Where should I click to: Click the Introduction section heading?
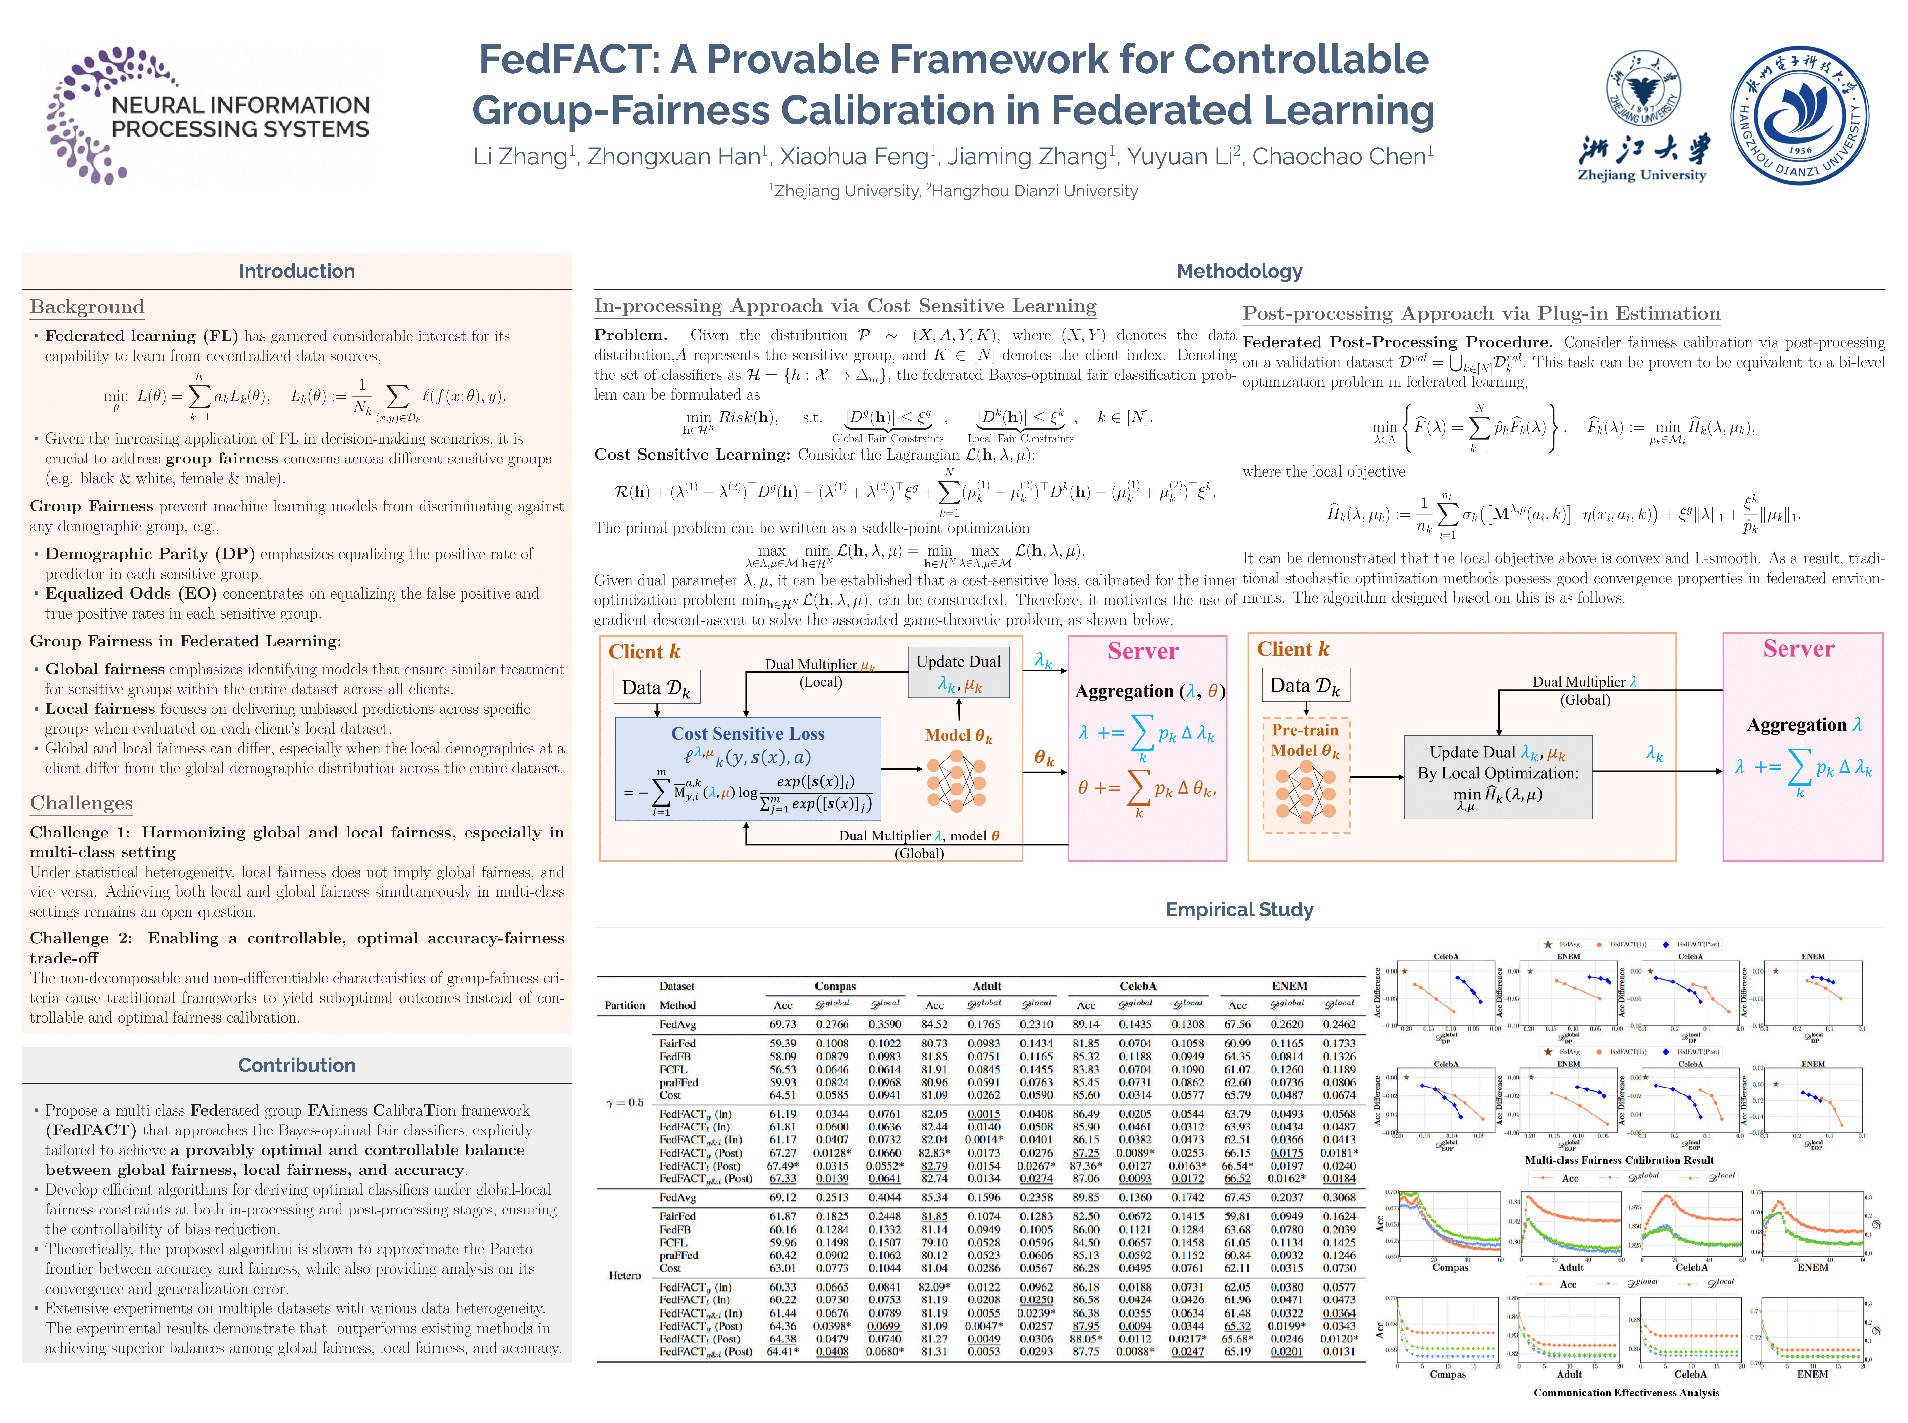coord(297,271)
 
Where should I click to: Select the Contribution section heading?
coord(297,1066)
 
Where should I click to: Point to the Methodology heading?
coord(1239,271)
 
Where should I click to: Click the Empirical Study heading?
coord(1239,910)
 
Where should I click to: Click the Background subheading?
coord(87,307)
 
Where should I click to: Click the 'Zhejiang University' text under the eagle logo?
coord(1641,175)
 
